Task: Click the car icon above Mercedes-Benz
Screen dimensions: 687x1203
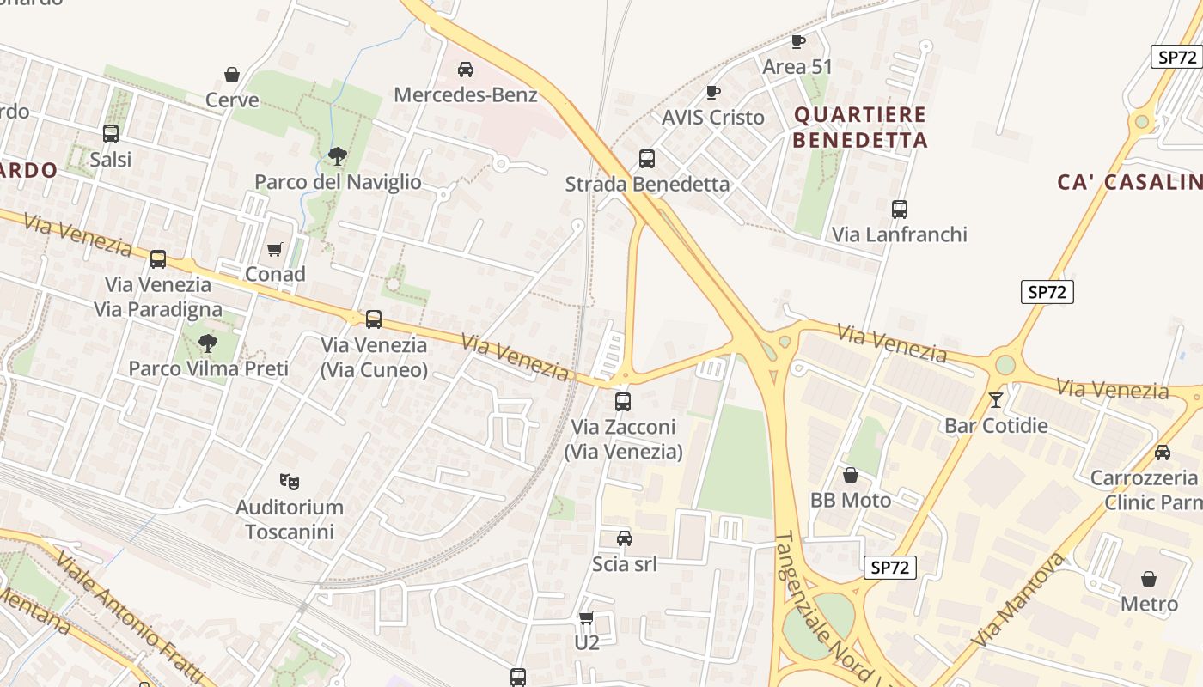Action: coord(465,69)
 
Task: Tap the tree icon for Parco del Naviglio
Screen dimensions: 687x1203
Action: coord(338,155)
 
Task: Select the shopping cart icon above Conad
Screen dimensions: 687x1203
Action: coord(275,249)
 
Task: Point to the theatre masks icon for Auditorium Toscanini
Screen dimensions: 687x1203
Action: coord(290,481)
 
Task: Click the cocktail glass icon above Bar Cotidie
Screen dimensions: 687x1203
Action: coord(996,399)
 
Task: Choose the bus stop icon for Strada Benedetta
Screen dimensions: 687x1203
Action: coord(647,158)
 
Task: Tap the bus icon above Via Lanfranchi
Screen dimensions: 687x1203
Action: coord(900,209)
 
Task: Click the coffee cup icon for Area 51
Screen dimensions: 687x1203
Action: coord(797,41)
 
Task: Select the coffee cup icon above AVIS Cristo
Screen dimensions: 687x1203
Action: coord(712,92)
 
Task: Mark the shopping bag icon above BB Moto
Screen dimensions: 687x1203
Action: coord(851,474)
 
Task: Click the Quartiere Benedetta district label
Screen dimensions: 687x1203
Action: coord(860,127)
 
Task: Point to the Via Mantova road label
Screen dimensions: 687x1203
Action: coord(1019,601)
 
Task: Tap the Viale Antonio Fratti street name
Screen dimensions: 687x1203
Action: coord(130,618)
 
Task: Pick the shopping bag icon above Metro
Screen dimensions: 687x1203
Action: coord(1149,579)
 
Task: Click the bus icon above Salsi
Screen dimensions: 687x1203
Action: coord(111,134)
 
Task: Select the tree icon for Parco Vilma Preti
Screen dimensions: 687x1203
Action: coord(207,343)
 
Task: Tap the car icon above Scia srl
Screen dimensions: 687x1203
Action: coord(625,538)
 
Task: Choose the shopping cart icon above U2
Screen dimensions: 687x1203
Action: coord(587,617)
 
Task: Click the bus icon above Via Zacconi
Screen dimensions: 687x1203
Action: coord(623,401)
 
